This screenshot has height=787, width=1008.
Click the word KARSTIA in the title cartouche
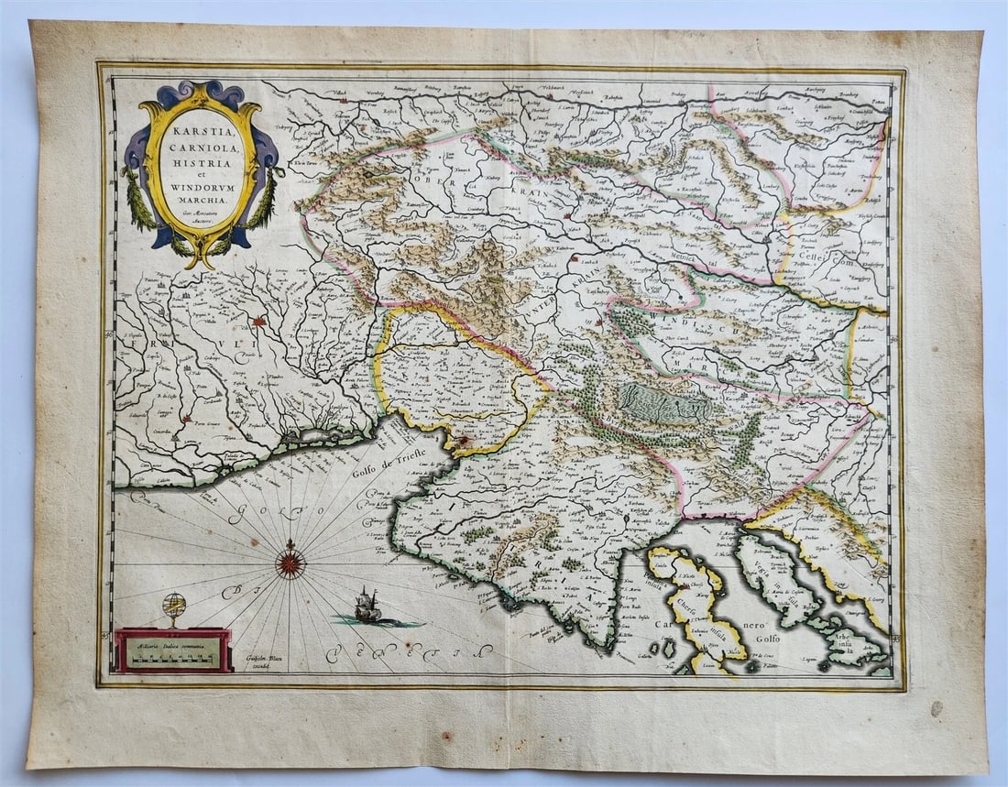click(x=202, y=128)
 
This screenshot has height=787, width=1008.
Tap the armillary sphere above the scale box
click(x=172, y=607)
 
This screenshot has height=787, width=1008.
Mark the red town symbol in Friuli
click(x=260, y=322)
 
